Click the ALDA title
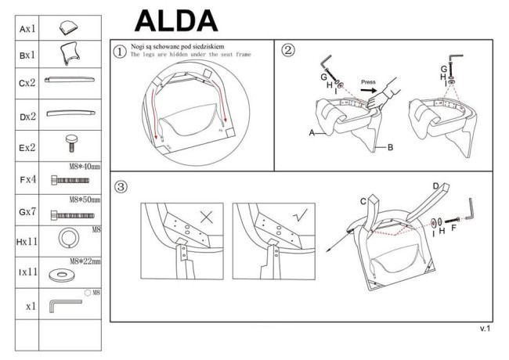click(176, 19)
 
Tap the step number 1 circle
click(119, 52)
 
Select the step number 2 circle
click(288, 50)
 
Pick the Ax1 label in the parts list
click(27, 29)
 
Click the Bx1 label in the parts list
click(27, 56)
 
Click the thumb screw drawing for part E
click(70, 145)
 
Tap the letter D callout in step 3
click(436, 185)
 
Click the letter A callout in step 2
click(312, 134)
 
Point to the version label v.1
click(485, 329)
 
